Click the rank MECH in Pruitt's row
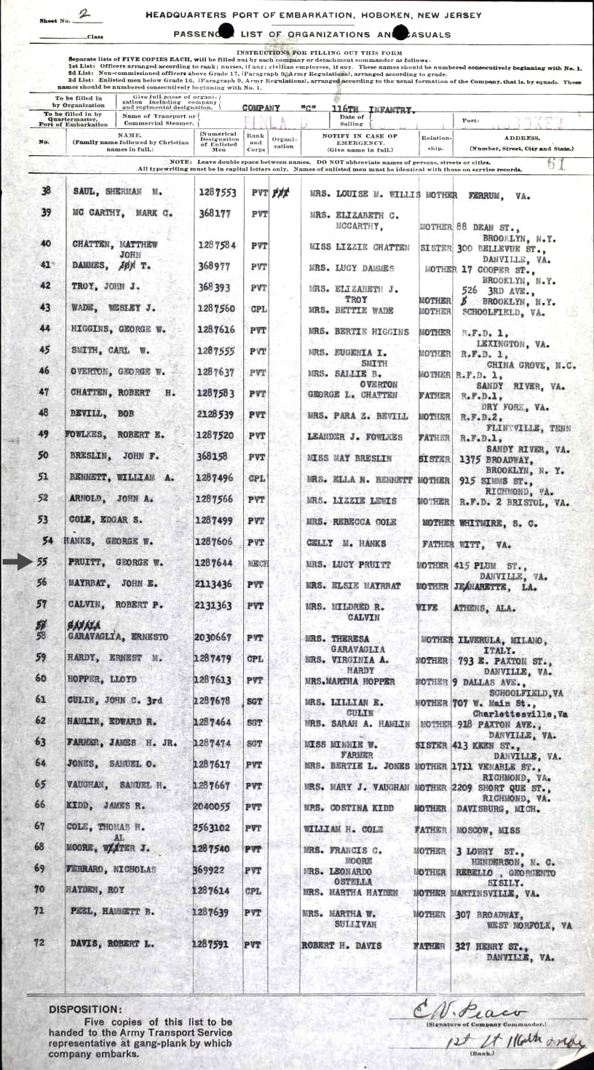(258, 564)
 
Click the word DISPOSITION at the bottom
(84, 1010)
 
